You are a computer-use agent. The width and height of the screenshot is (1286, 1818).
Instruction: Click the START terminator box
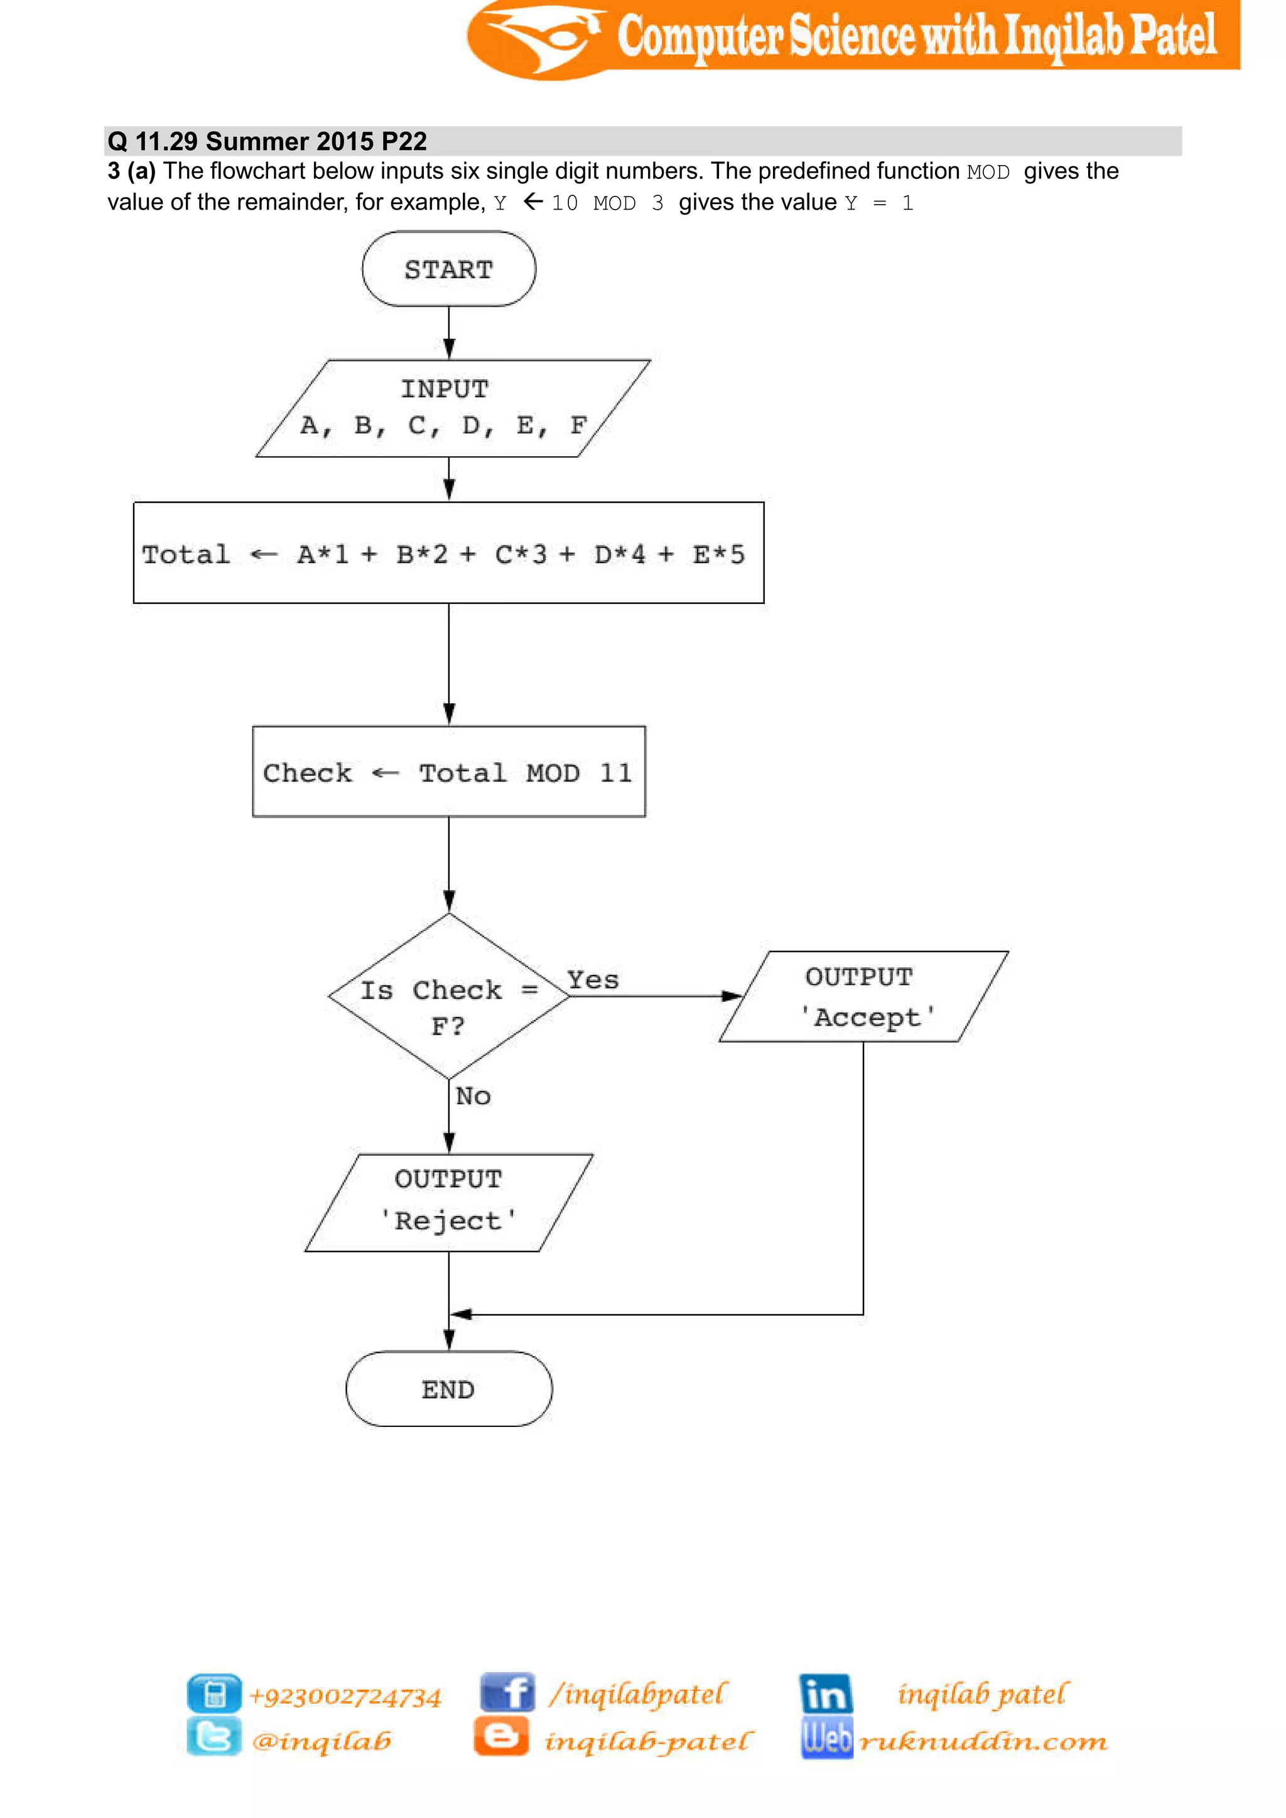pos(448,269)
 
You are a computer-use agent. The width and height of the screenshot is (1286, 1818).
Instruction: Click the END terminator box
pos(448,1390)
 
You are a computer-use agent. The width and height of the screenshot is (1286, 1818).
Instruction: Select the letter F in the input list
pos(578,425)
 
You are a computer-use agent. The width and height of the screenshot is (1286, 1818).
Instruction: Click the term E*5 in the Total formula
pos(718,554)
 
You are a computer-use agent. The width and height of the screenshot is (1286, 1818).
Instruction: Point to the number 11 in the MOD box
pos(615,773)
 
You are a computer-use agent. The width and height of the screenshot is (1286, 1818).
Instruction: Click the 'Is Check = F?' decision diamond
pos(448,996)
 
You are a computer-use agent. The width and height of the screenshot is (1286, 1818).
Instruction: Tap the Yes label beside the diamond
pos(592,981)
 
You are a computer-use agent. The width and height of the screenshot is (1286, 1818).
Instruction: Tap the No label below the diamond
pos(473,1096)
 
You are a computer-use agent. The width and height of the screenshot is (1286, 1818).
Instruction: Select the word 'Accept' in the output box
pos(867,1017)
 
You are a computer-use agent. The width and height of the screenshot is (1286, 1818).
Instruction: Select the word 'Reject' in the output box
pos(448,1220)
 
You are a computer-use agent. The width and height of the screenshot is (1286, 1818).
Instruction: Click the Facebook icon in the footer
pos(507,1693)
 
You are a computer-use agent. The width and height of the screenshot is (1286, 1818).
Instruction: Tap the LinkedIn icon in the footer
pos(825,1693)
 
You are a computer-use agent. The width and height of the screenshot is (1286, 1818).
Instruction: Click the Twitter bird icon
pos(213,1736)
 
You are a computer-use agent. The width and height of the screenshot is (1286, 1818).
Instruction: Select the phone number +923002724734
pos(345,1696)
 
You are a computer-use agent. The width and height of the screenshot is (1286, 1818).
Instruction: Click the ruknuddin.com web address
pos(983,1740)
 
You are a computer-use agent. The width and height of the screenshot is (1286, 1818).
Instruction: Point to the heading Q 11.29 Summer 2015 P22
pos(267,141)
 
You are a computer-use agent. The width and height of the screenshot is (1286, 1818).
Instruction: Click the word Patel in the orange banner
pos(1173,36)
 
